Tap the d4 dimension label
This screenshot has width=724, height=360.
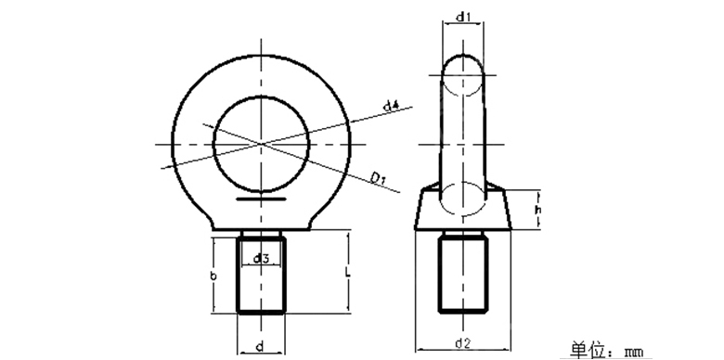coord(391,108)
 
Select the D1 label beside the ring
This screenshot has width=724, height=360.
coord(378,176)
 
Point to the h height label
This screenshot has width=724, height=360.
coord(539,211)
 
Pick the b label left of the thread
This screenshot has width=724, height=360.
coord(213,276)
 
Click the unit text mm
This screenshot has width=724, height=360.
coord(635,352)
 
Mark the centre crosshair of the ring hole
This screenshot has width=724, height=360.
coord(262,143)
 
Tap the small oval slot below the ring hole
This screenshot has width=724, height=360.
coord(262,198)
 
